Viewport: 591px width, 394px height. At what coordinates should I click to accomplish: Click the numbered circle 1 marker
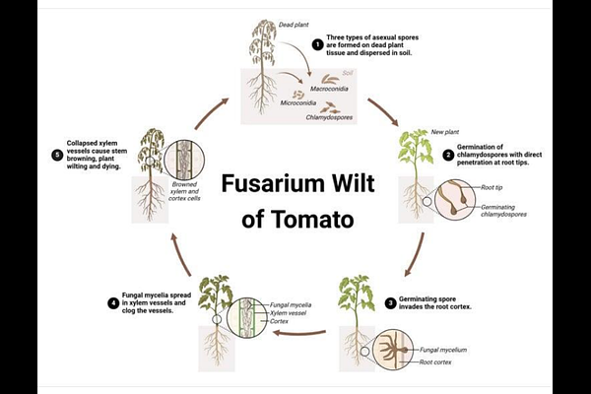click(x=318, y=45)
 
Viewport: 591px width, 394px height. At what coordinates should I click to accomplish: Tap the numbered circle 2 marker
click(x=448, y=155)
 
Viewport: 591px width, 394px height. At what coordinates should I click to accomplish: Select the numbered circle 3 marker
click(x=390, y=302)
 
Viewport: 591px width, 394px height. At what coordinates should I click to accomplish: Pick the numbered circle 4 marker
click(x=113, y=303)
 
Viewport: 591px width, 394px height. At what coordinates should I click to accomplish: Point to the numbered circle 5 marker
click(x=57, y=155)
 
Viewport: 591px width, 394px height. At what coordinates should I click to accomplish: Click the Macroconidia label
click(x=329, y=89)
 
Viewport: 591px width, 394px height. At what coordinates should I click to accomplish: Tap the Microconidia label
click(x=298, y=102)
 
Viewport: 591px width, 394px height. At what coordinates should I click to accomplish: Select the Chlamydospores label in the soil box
click(x=329, y=117)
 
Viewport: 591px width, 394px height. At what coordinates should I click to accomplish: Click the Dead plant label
click(x=294, y=25)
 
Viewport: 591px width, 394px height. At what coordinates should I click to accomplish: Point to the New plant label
click(x=445, y=132)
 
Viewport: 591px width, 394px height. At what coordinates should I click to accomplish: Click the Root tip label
click(x=492, y=187)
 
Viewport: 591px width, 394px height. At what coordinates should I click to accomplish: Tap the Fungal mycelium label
click(x=443, y=350)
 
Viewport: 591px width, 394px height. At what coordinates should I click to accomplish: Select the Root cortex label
click(x=435, y=362)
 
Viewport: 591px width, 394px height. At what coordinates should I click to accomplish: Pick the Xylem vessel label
click(x=288, y=313)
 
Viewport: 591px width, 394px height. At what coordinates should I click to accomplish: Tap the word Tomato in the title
click(x=312, y=220)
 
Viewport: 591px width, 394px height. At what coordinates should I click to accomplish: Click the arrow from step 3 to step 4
click(x=299, y=333)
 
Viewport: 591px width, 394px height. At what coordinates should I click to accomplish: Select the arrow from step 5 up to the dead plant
click(x=211, y=113)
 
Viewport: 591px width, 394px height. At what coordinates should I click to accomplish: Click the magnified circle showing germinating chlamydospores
click(x=455, y=199)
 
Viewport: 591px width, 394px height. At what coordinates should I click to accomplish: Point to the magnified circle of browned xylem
click(x=184, y=160)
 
